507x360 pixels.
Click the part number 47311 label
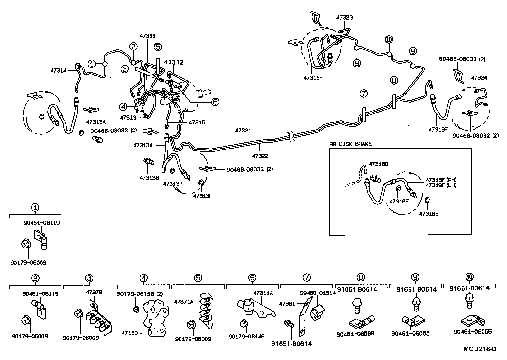[x=147, y=36]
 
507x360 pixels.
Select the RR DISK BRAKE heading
[x=350, y=144]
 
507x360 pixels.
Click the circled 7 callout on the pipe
[x=363, y=94]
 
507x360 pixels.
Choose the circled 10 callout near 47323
[x=389, y=40]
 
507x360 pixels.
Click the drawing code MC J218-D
[x=480, y=349]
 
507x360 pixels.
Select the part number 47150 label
[x=130, y=333]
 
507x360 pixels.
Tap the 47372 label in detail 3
[x=94, y=292]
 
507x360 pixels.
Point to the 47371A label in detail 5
[x=184, y=301]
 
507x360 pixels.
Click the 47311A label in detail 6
[x=263, y=293]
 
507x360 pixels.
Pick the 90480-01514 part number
[x=318, y=293]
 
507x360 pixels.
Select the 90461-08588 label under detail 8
[x=355, y=334]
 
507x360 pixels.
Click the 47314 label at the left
[x=58, y=70]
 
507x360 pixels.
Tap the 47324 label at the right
[x=479, y=78]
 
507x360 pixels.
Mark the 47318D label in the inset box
[x=379, y=164]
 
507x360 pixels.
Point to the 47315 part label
[x=197, y=122]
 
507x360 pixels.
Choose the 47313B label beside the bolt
[x=149, y=178]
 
